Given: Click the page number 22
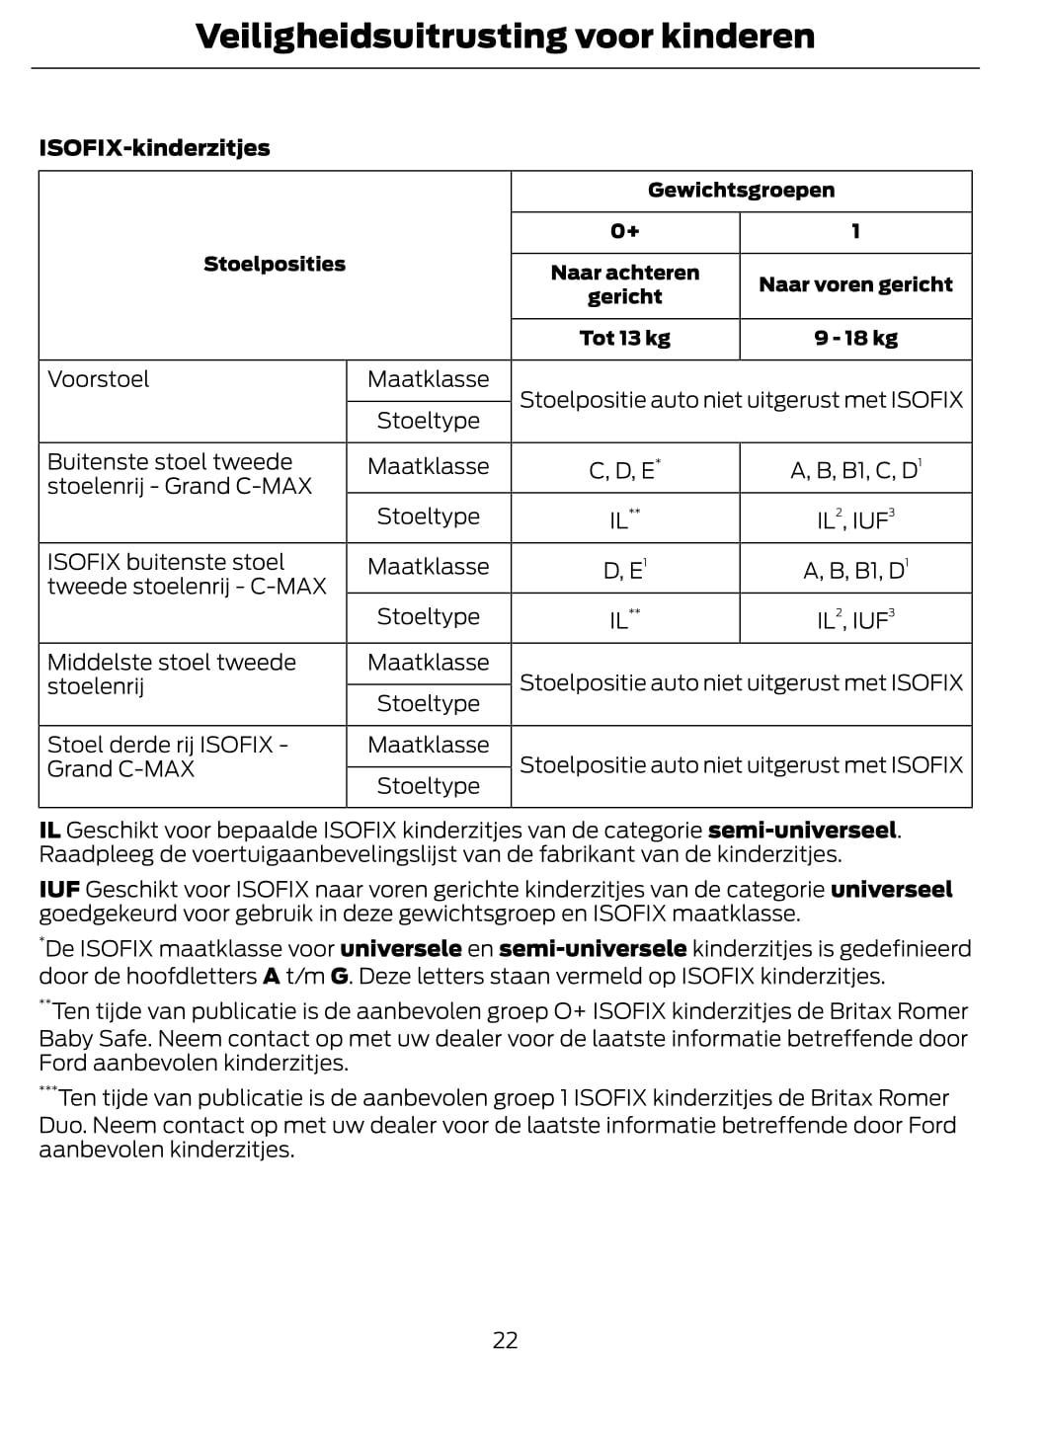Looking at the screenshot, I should click(x=505, y=1340).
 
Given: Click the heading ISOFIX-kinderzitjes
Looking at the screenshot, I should click(x=154, y=148).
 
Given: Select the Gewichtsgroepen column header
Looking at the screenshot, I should click(x=741, y=191).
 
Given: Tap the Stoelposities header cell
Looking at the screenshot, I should click(x=275, y=265).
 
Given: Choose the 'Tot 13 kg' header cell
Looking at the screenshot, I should click(x=624, y=339).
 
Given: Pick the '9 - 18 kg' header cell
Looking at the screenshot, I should click(x=855, y=339).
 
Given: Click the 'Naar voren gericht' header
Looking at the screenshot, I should click(x=855, y=285).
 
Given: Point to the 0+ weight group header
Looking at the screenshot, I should click(x=624, y=232).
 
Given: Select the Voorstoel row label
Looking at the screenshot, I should click(x=99, y=379).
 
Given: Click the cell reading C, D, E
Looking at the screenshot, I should click(x=624, y=470).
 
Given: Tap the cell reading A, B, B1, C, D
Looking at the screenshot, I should click(x=855, y=470).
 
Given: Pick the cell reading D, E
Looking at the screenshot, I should click(x=624, y=571).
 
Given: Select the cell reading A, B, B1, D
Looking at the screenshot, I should click(x=855, y=571).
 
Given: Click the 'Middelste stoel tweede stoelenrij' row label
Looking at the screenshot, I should click(x=172, y=674).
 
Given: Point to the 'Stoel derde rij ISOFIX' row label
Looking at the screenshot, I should click(x=168, y=756).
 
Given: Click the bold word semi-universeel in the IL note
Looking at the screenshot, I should click(x=802, y=831).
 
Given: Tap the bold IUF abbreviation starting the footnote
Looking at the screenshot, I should click(x=59, y=890).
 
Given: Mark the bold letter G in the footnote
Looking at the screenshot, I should click(x=340, y=977).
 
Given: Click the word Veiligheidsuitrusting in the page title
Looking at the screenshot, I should click(x=380, y=37).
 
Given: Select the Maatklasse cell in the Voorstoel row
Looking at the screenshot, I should click(x=428, y=380).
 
